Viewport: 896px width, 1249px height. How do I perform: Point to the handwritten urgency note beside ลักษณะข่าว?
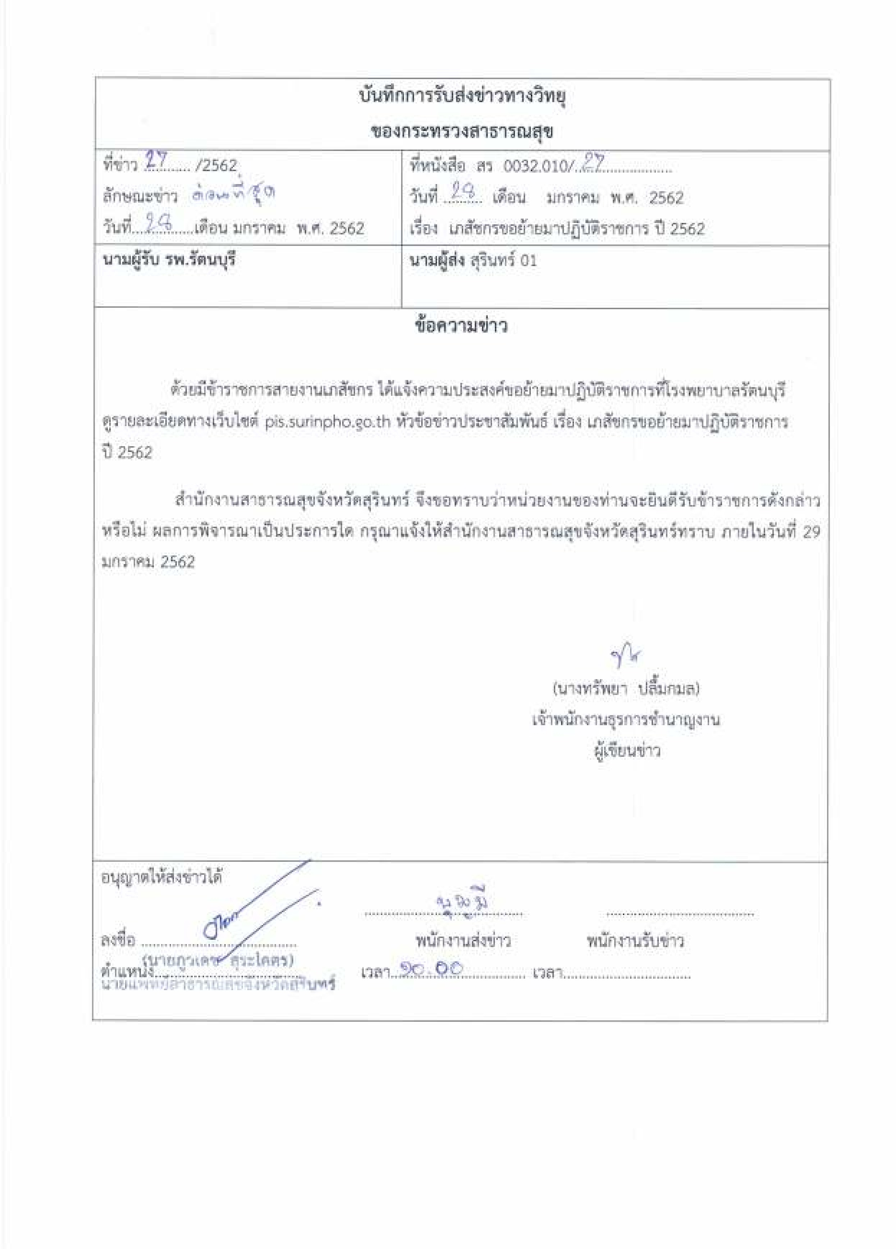coord(234,195)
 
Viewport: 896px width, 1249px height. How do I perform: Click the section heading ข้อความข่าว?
coord(461,326)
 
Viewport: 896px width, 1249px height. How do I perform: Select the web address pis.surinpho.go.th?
coord(328,422)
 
